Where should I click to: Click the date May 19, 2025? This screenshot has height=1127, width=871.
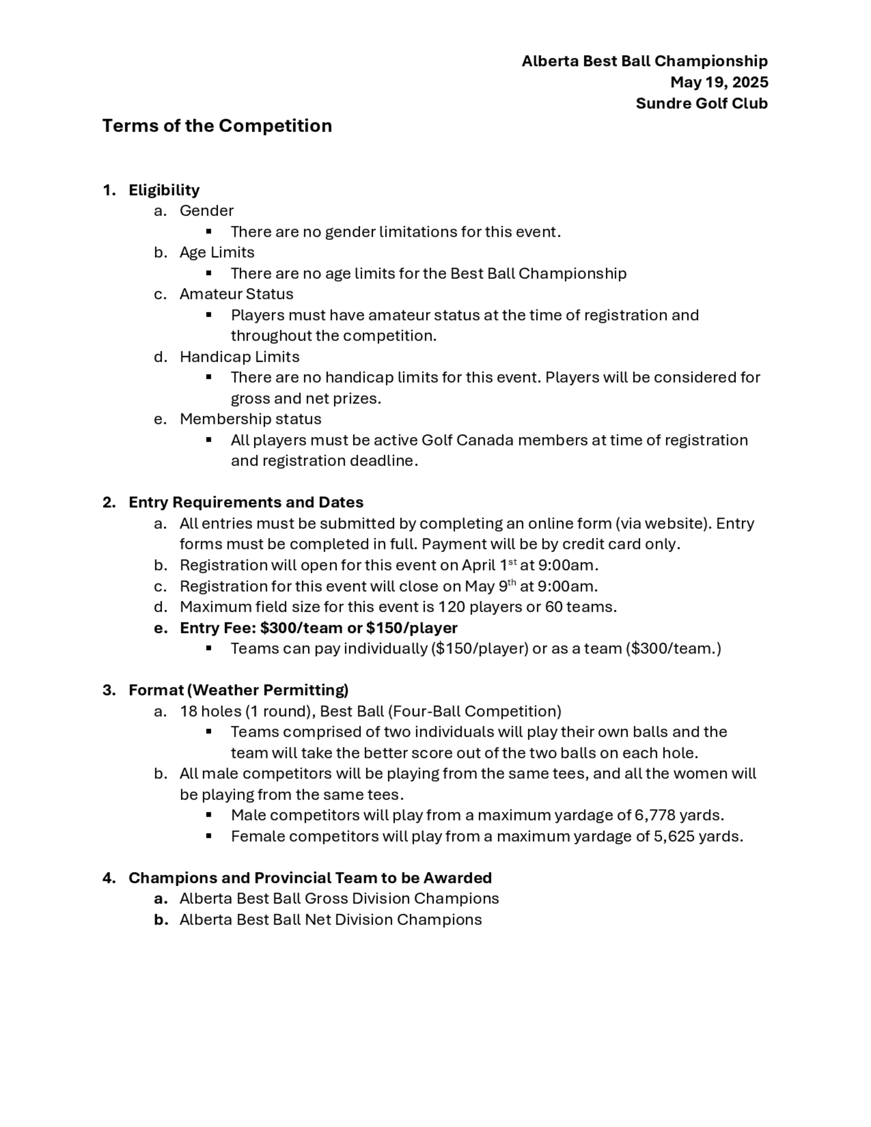coord(719,82)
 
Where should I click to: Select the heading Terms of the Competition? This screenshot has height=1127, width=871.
coord(217,126)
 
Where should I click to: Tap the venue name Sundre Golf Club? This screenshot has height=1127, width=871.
coord(701,103)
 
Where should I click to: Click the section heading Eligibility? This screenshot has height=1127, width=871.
coord(164,190)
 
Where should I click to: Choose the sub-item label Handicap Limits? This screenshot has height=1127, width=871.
coord(239,357)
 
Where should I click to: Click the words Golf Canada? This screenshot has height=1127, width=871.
coord(467,440)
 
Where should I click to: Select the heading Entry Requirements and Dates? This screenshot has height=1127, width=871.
coord(246,502)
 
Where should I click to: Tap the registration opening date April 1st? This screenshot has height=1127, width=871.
coord(489,566)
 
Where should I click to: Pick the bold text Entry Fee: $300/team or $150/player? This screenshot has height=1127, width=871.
coord(318,628)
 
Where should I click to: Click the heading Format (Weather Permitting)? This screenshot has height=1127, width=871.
coord(238,690)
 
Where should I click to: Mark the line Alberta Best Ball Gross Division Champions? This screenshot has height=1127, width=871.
coord(339,899)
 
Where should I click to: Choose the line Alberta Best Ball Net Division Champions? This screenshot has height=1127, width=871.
coord(330,920)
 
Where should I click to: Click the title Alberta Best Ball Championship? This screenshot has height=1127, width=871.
coord(644,61)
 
